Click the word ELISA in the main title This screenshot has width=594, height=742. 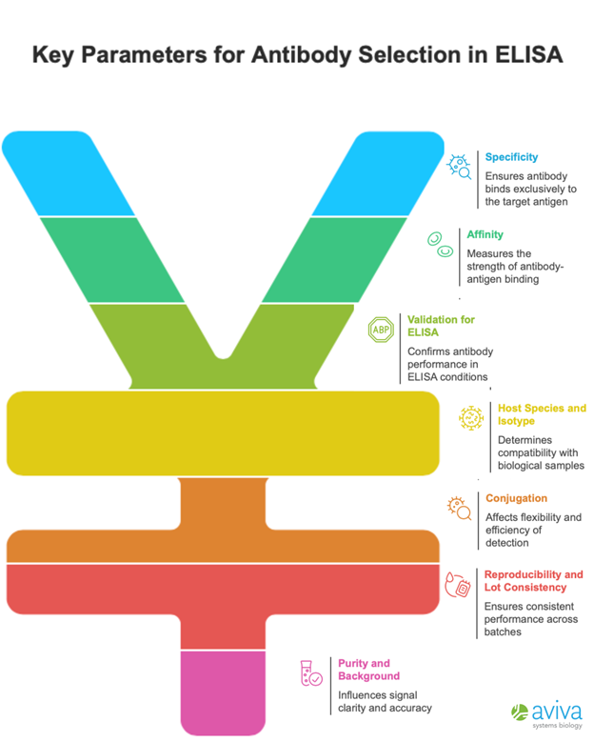[x=525, y=54]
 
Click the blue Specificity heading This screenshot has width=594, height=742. [x=511, y=157]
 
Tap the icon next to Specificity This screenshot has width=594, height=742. [x=460, y=168]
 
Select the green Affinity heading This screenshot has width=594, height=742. [x=485, y=234]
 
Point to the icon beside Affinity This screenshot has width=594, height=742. [x=439, y=244]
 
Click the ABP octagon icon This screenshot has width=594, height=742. [x=381, y=330]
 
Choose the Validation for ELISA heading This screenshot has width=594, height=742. [x=441, y=326]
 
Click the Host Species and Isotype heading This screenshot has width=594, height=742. [x=542, y=414]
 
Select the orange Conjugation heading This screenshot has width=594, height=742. [x=516, y=498]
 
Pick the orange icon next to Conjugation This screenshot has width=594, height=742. [x=460, y=508]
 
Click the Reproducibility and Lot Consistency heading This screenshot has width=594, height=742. [x=533, y=581]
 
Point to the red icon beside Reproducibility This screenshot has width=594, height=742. [x=458, y=585]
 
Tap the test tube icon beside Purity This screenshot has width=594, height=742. [x=310, y=673]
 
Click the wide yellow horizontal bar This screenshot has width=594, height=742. [x=223, y=432]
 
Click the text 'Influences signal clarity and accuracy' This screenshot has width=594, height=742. [x=385, y=702]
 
